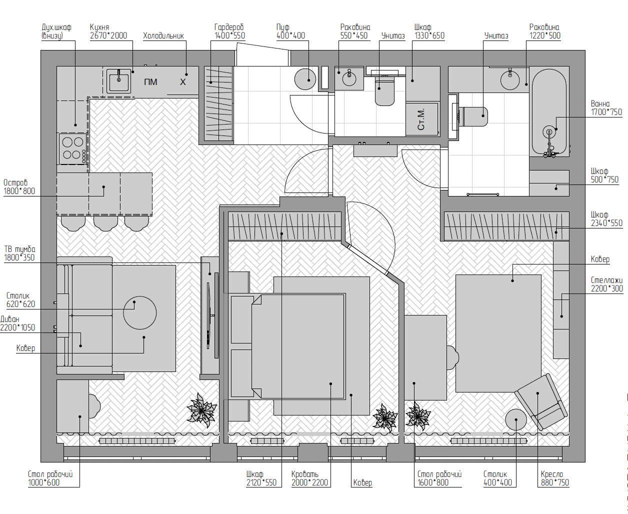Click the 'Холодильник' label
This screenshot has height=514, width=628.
coord(163,36)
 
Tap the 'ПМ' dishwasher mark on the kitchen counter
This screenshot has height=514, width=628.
coord(150,82)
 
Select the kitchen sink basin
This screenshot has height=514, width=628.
coord(118,80)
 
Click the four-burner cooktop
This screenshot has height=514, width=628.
coord(73,148)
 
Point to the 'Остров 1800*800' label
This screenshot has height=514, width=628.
coord(19,186)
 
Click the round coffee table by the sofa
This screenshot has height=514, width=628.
coord(139,312)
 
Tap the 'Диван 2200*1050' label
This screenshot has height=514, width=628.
coord(17,323)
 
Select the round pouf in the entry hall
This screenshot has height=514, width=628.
coord(305,79)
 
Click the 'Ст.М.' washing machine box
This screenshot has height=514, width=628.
coord(422,119)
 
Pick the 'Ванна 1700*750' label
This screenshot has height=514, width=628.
coord(606,108)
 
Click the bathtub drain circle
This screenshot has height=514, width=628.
coord(549,131)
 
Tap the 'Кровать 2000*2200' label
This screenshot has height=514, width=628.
coord(309,478)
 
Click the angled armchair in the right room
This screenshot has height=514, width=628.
coord(541,401)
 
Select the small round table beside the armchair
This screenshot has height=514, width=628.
coord(515,419)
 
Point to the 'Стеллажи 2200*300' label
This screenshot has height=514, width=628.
coord(606,284)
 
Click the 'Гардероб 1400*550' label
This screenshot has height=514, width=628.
coord(229,31)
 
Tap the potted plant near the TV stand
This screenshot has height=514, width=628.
coord(201,410)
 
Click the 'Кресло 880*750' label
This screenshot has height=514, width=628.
coord(554,478)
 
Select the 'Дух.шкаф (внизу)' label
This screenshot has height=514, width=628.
coord(56,31)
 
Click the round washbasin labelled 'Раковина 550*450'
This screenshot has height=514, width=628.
coord(349,79)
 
